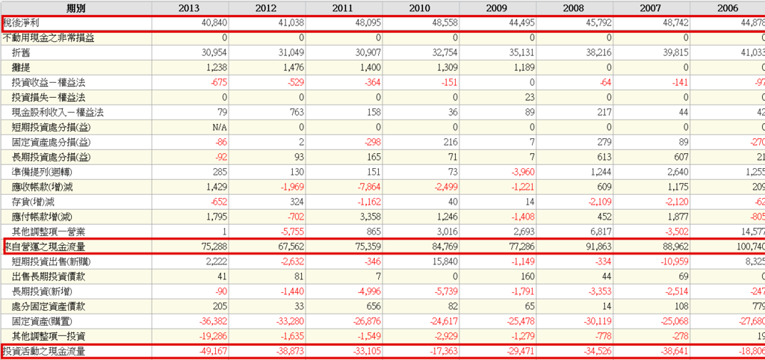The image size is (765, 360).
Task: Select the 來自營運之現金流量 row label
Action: click(43, 246)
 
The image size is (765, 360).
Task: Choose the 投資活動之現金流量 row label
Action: click(43, 351)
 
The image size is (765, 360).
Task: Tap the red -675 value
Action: click(216, 82)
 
